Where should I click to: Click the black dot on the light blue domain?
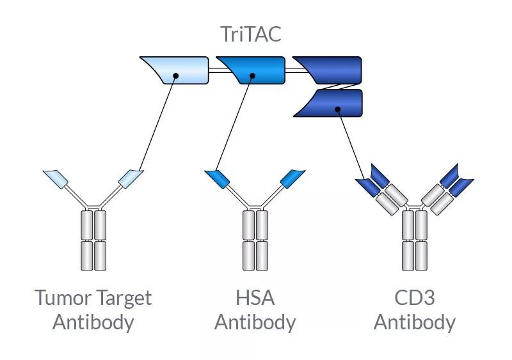[176, 76]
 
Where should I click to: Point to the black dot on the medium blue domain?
[253, 76]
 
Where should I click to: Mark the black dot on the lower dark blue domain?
[337, 109]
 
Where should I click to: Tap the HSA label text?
[255, 298]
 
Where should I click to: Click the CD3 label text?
[414, 298]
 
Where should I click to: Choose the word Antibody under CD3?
[414, 322]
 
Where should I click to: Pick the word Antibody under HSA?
[255, 322]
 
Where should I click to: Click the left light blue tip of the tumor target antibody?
[56, 176]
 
